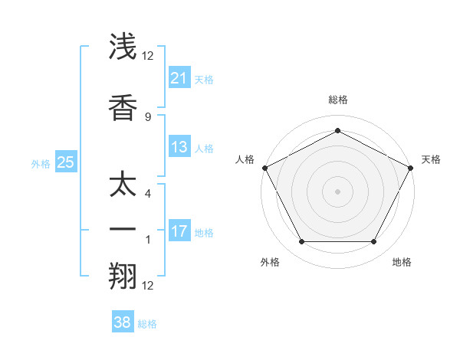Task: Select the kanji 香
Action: pos(123,107)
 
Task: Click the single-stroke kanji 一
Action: pos(123,230)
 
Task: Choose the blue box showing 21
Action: pos(179,77)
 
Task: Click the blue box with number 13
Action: pos(179,147)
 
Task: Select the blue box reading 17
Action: pos(179,231)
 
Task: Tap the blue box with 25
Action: pos(65,162)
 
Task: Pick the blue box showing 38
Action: pos(122,322)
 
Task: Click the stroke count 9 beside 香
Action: pos(148,116)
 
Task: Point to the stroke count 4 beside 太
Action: pos(148,194)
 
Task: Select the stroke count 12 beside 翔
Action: pos(148,286)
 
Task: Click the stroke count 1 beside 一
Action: pos(148,240)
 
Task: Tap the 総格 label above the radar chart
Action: pos(337,100)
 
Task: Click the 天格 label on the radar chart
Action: pos(431,159)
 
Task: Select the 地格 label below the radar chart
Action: pos(402,262)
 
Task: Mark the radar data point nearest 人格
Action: pos(264,167)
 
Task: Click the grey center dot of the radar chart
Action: pos(337,191)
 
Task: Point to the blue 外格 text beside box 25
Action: pos(41,163)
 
